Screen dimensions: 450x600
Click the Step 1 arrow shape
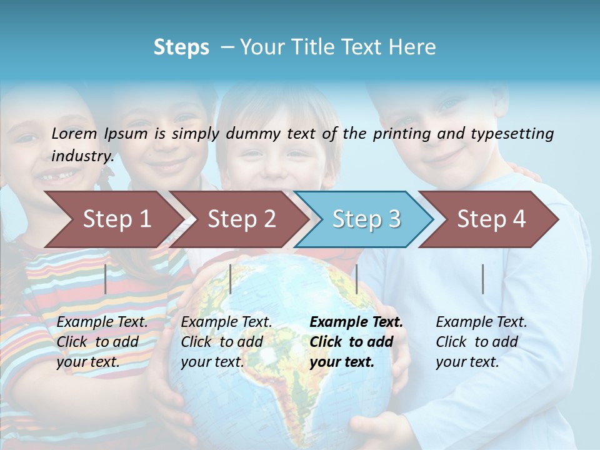pos(116,219)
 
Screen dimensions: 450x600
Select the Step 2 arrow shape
pos(241,219)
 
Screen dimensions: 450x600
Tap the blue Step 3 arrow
pos(366,219)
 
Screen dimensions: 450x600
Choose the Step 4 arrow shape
pos(491,219)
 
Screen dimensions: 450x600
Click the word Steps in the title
pos(181,47)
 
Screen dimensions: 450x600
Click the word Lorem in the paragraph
pos(74,133)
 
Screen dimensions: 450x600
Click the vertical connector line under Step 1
pos(106,279)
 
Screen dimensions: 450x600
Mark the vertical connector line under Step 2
pos(231,279)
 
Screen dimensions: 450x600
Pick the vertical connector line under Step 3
pos(356,279)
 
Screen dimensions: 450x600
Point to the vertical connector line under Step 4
pos(482,279)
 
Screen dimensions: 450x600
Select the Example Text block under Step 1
pos(102,342)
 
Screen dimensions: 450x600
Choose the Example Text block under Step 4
pos(481,342)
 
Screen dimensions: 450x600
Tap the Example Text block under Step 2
pos(226,342)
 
